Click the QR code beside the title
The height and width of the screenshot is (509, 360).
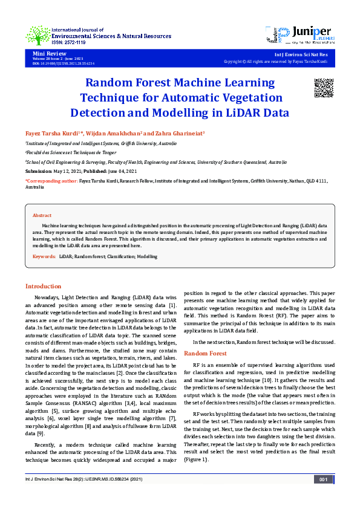324,88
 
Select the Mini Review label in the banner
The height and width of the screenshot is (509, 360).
45,54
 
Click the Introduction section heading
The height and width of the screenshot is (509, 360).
43,286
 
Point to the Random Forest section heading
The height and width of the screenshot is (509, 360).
205,353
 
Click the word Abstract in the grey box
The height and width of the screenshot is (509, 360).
42,215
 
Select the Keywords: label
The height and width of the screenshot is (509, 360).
44,257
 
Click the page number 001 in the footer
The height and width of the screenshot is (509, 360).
323,479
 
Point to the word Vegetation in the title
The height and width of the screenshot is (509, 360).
234,97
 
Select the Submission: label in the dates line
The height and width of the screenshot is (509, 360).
39,171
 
